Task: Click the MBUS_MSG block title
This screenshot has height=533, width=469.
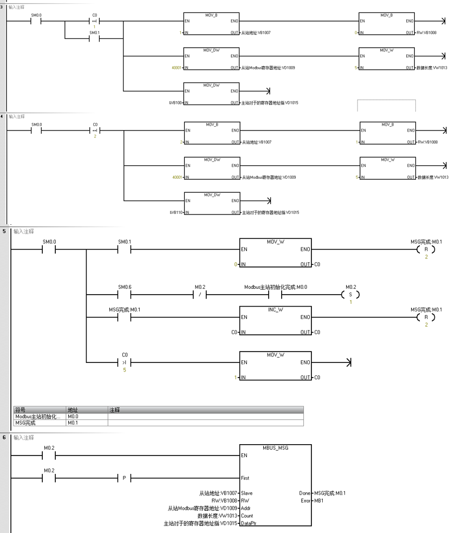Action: [275, 448]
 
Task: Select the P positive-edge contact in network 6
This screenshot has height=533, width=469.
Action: [124, 478]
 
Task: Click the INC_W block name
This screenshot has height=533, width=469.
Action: [275, 309]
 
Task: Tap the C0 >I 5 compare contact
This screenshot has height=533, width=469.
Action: [124, 362]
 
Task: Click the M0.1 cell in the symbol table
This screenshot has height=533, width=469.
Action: [74, 422]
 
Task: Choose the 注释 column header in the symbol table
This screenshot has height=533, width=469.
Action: [114, 410]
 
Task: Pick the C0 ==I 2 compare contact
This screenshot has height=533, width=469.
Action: [95, 131]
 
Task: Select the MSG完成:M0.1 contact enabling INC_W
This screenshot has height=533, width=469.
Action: [124, 317]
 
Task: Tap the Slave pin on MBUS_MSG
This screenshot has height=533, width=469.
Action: [247, 493]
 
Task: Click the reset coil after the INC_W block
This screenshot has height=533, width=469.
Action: [426, 317]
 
